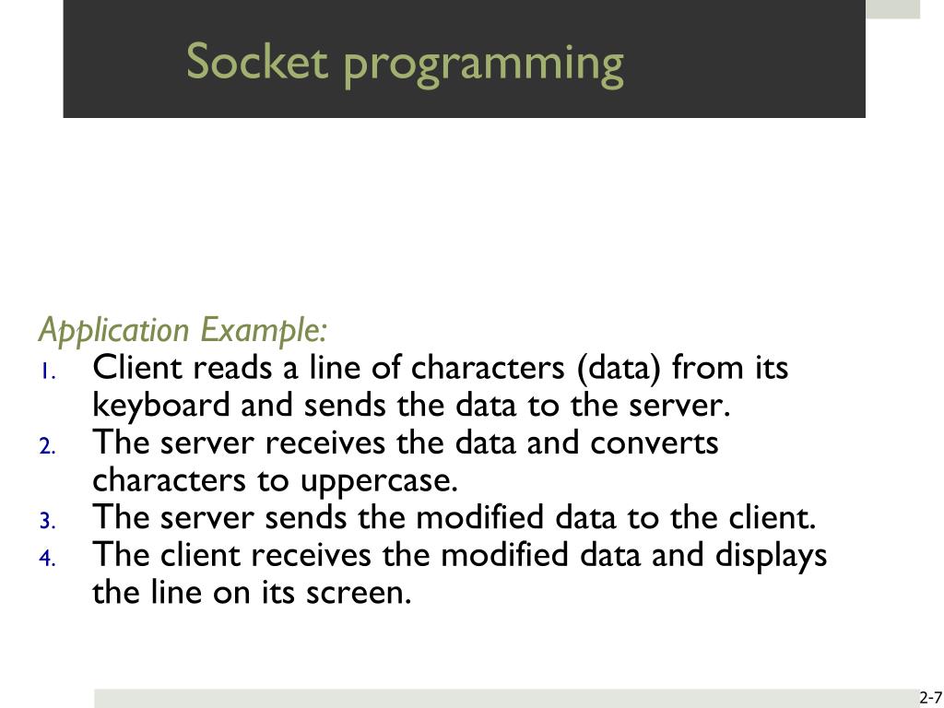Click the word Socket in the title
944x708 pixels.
tap(257, 63)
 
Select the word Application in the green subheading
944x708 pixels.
tap(113, 330)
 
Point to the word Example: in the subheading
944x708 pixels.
tap(264, 330)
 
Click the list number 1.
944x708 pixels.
tap(48, 372)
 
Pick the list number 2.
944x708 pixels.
tap(48, 447)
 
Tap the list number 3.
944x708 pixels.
tap(48, 522)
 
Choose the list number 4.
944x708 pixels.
tap(48, 560)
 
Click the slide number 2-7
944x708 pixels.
tap(929, 697)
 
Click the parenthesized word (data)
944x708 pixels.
tap(619, 368)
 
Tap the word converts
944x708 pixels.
tap(655, 442)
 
